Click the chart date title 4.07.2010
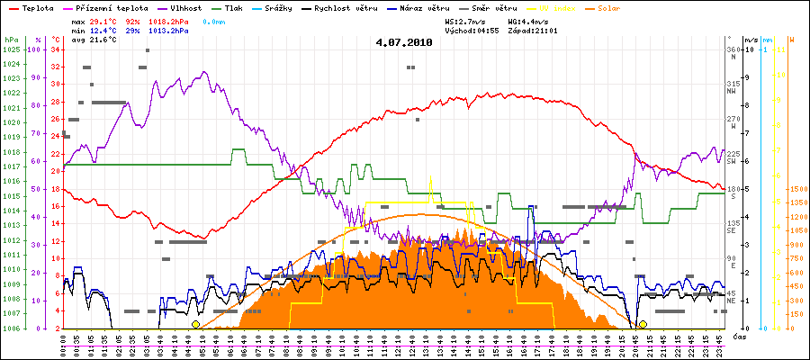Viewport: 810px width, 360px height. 404,41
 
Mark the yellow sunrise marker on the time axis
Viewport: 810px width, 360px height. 195,324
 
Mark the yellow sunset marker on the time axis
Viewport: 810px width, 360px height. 643,324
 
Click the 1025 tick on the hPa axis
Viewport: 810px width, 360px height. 11,49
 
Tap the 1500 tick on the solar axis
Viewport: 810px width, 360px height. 797,189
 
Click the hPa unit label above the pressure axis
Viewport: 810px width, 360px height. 11,40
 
